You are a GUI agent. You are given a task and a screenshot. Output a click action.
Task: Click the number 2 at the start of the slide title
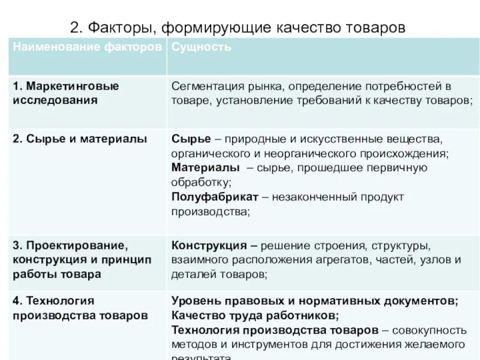pos(74,27)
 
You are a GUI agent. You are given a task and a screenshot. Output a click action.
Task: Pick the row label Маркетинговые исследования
pos(66,93)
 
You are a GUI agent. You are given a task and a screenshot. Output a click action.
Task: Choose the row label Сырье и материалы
pos(80,139)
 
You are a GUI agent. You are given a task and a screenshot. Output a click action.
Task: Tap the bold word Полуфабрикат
pos(215,197)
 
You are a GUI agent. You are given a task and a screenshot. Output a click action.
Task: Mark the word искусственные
pos(347,139)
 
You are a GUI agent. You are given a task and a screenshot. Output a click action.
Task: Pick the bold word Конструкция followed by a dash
pos(209,245)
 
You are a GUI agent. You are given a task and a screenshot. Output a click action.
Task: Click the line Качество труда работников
pos(255,315)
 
